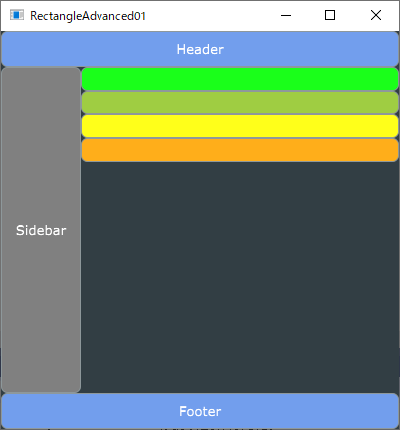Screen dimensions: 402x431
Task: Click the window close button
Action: [x=376, y=15]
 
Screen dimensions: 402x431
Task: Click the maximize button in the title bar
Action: [x=330, y=15]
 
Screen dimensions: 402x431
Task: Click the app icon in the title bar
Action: [x=17, y=15]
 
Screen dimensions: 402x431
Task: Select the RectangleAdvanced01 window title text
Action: [x=88, y=16]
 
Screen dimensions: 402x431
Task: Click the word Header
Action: [x=200, y=49]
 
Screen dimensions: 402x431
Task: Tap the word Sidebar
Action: [x=41, y=230]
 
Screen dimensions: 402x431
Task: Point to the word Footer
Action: [x=200, y=411]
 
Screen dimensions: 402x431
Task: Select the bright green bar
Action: [x=240, y=79]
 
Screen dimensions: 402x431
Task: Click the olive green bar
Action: [x=240, y=103]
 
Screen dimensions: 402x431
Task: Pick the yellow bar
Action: [x=240, y=126]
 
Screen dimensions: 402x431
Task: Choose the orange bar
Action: [x=240, y=150]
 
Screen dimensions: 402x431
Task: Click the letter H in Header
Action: [x=181, y=49]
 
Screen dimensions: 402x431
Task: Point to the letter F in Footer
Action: [x=183, y=411]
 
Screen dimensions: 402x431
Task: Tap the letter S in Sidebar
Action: [x=20, y=230]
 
